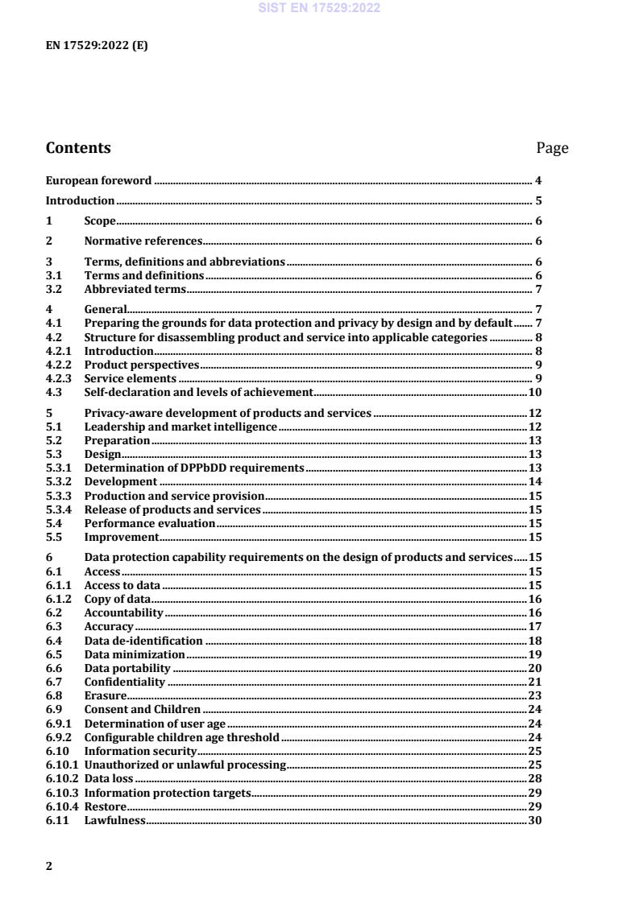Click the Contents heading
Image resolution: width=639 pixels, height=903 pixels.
coord(78,148)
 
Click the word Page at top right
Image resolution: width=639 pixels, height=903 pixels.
coord(552,148)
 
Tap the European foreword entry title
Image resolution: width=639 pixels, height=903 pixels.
coord(98,180)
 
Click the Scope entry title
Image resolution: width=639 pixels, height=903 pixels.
coord(100,221)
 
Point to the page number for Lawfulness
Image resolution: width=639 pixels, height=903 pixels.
coord(534,820)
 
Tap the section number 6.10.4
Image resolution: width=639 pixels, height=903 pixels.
coord(63,806)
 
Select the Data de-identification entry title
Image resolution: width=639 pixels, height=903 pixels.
coord(143,641)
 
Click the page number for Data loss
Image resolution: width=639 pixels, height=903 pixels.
coord(534,779)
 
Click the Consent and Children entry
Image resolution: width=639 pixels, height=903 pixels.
coord(143,709)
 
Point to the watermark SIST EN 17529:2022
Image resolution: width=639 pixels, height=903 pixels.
coord(319,8)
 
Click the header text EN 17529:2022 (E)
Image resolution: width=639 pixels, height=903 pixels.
coord(97,45)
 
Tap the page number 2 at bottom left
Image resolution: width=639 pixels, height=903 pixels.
coord(49,866)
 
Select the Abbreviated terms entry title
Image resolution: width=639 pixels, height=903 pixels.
coord(135,289)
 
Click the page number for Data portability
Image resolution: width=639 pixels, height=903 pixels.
coord(534,668)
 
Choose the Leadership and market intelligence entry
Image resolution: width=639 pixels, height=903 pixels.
coord(180,427)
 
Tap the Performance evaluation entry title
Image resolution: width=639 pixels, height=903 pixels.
coord(150,523)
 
